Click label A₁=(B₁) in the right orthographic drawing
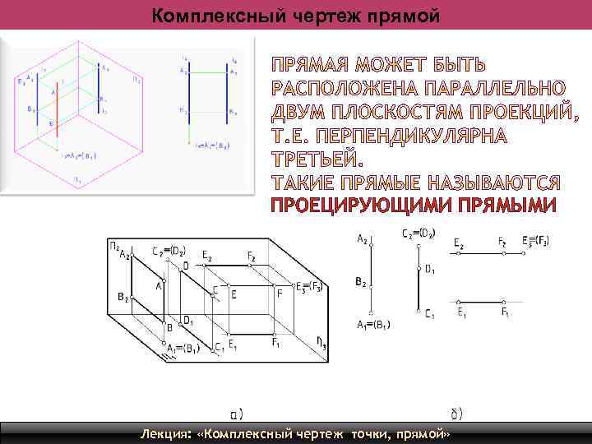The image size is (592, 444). tap(374, 325)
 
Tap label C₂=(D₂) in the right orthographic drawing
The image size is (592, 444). tap(418, 234)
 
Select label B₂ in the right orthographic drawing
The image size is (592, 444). tap(361, 282)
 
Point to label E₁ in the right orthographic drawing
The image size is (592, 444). tap(462, 312)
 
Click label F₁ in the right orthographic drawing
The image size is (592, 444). tap(506, 312)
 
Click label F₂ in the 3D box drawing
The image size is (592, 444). tap(251, 257)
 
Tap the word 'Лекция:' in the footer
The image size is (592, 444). tap(168, 433)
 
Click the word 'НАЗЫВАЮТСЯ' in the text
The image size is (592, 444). tap(499, 182)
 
